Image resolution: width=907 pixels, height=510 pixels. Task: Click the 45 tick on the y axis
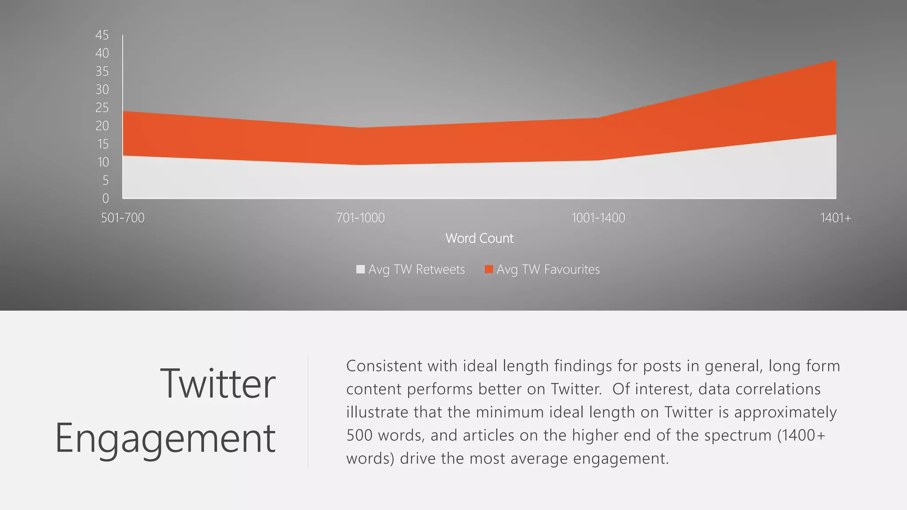click(102, 35)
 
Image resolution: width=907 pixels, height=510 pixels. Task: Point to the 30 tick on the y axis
click(102, 89)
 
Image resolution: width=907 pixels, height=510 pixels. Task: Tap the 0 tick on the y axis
click(105, 198)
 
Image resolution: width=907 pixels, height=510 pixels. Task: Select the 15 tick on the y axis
click(103, 144)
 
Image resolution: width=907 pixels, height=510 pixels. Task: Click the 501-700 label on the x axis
click(123, 218)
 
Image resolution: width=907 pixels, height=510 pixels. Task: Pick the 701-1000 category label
click(360, 218)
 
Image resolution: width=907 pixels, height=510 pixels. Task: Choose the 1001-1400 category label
click(598, 218)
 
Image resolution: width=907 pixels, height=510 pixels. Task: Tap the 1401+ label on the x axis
click(835, 218)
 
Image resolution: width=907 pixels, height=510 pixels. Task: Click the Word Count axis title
click(479, 238)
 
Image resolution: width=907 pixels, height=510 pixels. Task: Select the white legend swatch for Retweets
click(360, 269)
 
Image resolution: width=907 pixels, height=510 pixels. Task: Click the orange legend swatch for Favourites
click(489, 269)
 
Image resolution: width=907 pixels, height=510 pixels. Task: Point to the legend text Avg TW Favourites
click(548, 269)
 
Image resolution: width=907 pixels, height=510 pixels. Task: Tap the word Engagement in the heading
click(165, 438)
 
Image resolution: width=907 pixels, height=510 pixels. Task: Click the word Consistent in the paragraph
click(384, 366)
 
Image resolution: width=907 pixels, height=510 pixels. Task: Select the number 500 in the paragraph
click(359, 435)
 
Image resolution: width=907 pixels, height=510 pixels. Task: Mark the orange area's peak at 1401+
click(835, 61)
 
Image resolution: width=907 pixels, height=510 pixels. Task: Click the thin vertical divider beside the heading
click(308, 412)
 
